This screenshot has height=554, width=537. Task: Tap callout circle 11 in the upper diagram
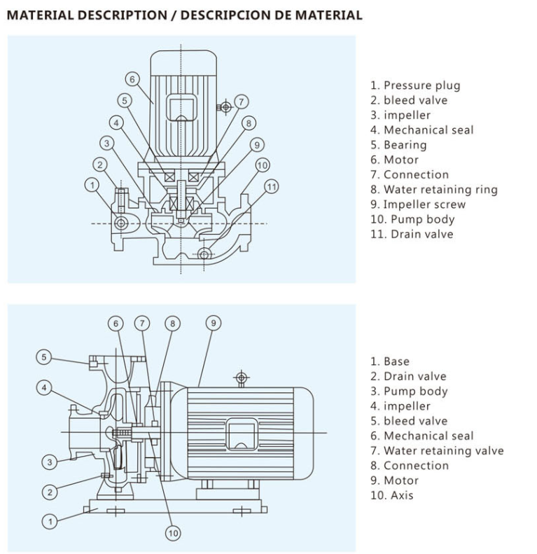point(272,186)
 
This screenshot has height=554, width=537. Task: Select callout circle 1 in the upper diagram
point(92,184)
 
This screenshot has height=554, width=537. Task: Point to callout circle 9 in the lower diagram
point(214,323)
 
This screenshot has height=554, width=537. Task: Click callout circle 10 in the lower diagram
point(173,533)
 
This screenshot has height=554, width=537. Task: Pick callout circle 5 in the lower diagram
point(44,357)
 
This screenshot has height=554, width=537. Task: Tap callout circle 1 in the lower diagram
point(49,520)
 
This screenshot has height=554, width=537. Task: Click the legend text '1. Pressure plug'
point(415,85)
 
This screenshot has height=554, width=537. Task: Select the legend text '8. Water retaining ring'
point(434,189)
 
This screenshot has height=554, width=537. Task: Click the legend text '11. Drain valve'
point(412,234)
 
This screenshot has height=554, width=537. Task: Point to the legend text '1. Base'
point(390,361)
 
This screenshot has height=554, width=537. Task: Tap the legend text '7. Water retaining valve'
point(437,450)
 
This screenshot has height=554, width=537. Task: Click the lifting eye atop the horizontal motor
point(241,378)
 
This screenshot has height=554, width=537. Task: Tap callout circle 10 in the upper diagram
point(262,165)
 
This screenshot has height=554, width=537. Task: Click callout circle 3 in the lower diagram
point(49,462)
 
